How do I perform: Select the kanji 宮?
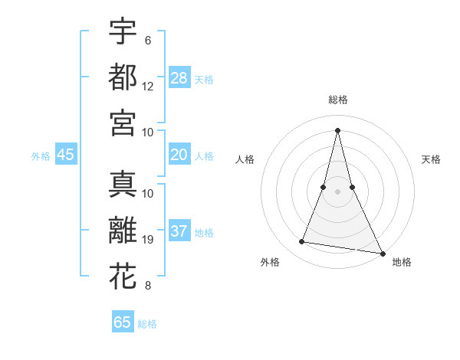(123, 122)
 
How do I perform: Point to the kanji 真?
(123, 184)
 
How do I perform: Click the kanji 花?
(123, 276)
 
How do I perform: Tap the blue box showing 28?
(179, 77)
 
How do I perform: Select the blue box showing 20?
(179, 155)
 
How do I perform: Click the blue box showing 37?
(179, 231)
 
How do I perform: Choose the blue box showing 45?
(65, 155)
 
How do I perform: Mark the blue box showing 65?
(123, 322)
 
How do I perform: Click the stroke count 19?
(148, 240)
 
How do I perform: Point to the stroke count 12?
(148, 86)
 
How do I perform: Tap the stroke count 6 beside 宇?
(147, 40)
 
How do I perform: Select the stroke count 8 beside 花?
(147, 286)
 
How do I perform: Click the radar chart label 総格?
(337, 100)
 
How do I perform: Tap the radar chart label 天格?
(431, 159)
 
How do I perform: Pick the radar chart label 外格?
(270, 262)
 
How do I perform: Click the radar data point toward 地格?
(382, 253)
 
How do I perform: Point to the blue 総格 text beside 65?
(147, 324)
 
